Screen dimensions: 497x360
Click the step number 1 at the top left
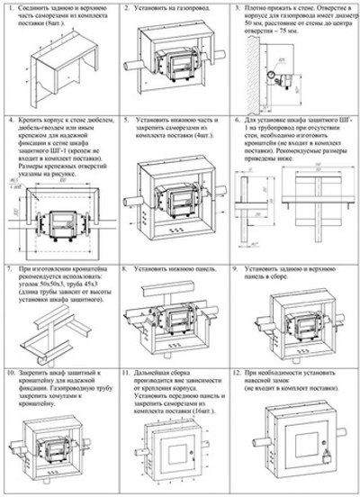pyautogui.click(x=8, y=8)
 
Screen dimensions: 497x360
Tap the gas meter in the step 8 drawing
pyautogui.click(x=178, y=323)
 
